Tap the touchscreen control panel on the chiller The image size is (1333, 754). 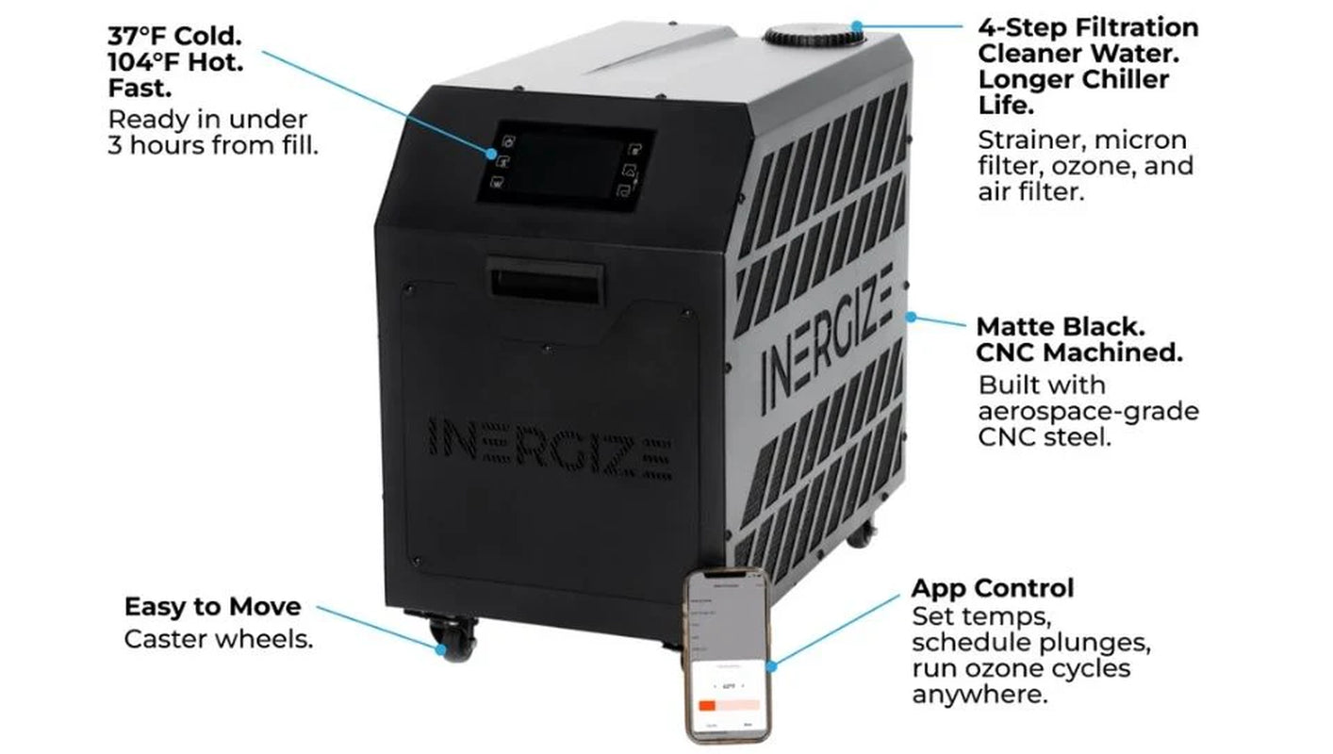(x=564, y=164)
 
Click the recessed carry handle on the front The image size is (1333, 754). (x=544, y=282)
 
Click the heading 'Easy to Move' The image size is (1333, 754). (x=212, y=606)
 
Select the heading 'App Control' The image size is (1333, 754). (x=992, y=588)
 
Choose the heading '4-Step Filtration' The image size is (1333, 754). (x=1088, y=26)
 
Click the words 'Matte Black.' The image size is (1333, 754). (x=1061, y=327)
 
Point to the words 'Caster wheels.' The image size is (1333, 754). (x=218, y=639)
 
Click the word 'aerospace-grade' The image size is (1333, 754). (x=1088, y=412)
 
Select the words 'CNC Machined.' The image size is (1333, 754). (x=1079, y=353)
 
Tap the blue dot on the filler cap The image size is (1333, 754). (x=856, y=25)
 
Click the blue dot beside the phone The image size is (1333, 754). (x=772, y=665)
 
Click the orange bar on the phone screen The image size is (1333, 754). (x=707, y=705)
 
